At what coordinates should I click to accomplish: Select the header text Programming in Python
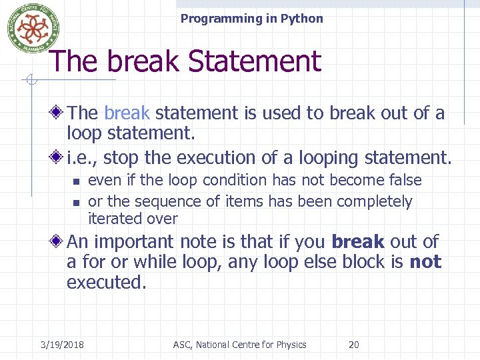pyautogui.click(x=251, y=19)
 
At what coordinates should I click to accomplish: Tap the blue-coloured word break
pyautogui.click(x=127, y=113)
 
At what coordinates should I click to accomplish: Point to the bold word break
pyautogui.click(x=357, y=242)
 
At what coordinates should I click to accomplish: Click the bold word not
pyautogui.click(x=425, y=262)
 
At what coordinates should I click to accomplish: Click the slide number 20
pyautogui.click(x=354, y=345)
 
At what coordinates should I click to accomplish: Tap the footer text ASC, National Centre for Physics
pyautogui.click(x=239, y=345)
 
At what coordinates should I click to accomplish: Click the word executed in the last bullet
pyautogui.click(x=105, y=282)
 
